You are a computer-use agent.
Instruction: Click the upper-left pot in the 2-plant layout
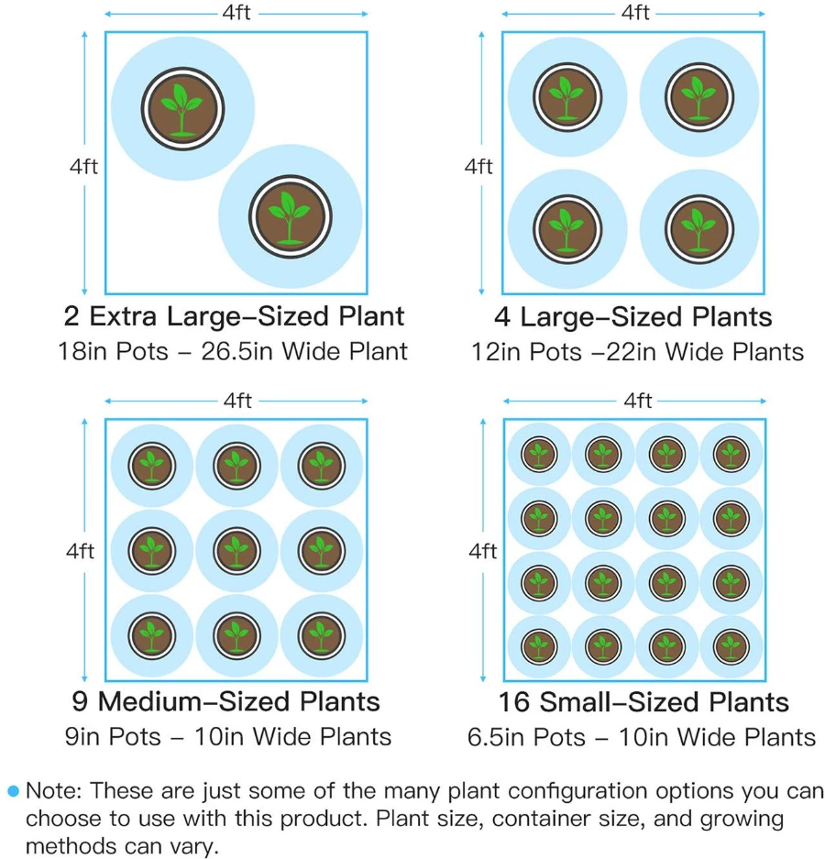tap(182, 108)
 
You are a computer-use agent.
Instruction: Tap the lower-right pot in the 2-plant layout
tap(291, 216)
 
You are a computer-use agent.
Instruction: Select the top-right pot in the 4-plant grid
tap(699, 97)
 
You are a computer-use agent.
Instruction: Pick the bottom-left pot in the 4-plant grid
tap(567, 229)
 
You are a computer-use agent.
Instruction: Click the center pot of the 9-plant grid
tap(236, 551)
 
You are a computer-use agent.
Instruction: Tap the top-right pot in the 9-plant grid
tap(322, 466)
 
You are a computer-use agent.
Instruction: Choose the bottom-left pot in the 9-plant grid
tap(152, 635)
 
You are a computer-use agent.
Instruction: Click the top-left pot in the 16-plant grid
tap(539, 454)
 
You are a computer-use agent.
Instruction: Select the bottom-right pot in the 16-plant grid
tap(731, 646)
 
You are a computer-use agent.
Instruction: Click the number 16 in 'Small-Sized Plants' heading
tap(514, 701)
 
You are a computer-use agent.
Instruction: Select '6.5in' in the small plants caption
tap(496, 737)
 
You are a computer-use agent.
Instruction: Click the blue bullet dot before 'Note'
tap(13, 791)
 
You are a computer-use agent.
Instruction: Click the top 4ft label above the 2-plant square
tap(236, 12)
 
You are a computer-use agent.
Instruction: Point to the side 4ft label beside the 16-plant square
tap(482, 551)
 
